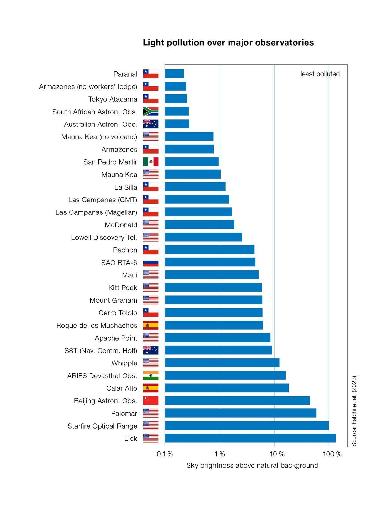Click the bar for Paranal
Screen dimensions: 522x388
[x=174, y=74]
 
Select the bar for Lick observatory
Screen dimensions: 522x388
[x=250, y=439]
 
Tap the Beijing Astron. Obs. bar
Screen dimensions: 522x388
[x=237, y=401]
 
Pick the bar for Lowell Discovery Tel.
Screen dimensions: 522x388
[x=203, y=237]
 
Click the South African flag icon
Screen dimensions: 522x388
[x=151, y=112]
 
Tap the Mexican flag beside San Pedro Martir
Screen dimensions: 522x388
[x=151, y=162]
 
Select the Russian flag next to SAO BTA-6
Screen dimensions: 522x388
[x=151, y=263]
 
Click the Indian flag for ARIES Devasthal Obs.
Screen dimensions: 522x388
[x=151, y=376]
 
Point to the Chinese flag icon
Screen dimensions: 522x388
[x=151, y=401]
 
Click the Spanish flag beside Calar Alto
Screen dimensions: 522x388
[x=151, y=388]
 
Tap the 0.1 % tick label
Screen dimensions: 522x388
[x=165, y=454]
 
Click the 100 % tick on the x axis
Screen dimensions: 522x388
[x=332, y=454]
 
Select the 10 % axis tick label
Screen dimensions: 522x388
[x=277, y=454]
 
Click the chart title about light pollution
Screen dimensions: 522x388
[x=228, y=43]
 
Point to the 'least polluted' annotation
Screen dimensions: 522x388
[x=320, y=74]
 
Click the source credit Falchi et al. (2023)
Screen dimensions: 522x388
[x=354, y=411]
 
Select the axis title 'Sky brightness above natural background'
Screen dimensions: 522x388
[x=252, y=465]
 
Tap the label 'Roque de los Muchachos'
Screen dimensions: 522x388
[x=97, y=325]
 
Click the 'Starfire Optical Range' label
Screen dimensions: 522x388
[x=102, y=426]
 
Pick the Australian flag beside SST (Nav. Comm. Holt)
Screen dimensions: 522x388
[x=151, y=351]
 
